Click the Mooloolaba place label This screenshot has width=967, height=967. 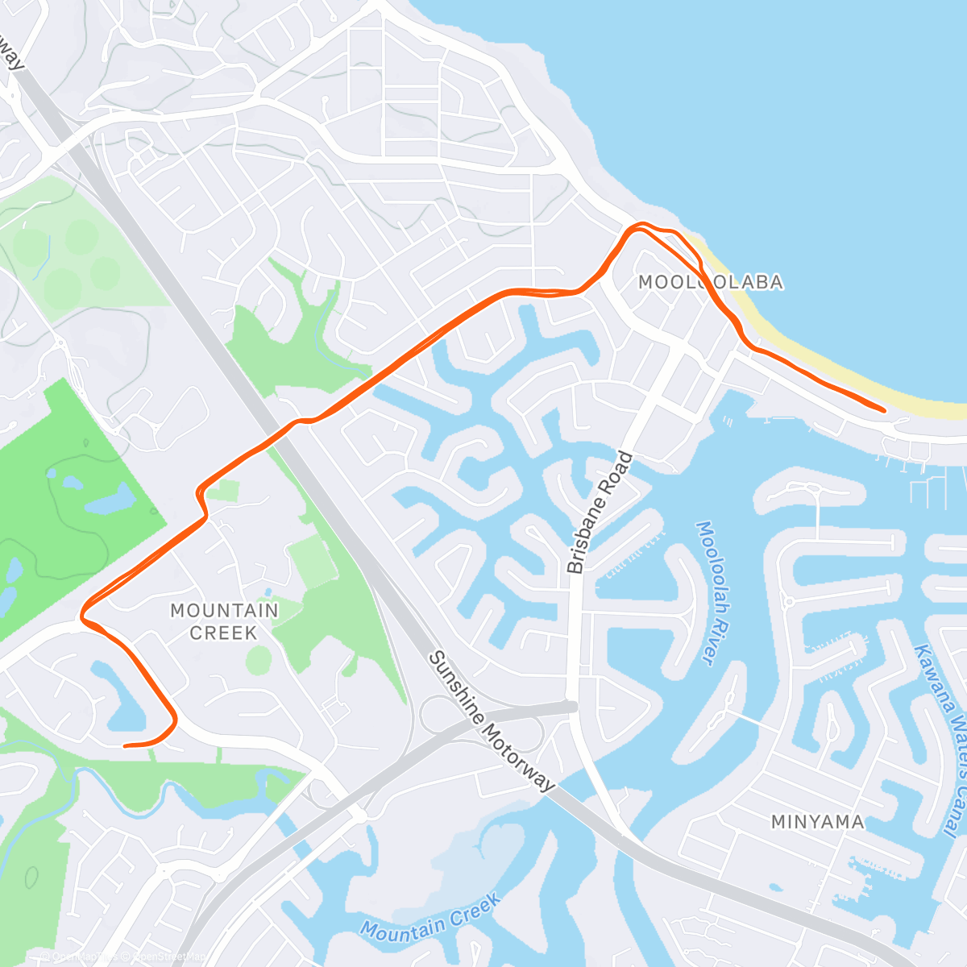pyautogui.click(x=710, y=282)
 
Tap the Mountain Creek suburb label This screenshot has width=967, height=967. pyautogui.click(x=224, y=621)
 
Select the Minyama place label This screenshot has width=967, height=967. pyautogui.click(x=817, y=822)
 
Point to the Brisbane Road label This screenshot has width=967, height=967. pyautogui.click(x=600, y=513)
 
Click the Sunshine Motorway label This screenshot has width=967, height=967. pyautogui.click(x=491, y=721)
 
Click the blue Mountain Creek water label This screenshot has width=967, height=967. pyautogui.click(x=430, y=917)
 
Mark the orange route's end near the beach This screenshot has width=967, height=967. pyautogui.click(x=884, y=411)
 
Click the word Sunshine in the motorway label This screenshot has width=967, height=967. pyautogui.click(x=455, y=682)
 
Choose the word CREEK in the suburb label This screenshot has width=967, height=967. pyautogui.click(x=223, y=633)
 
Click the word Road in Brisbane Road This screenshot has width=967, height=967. pyautogui.click(x=619, y=475)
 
